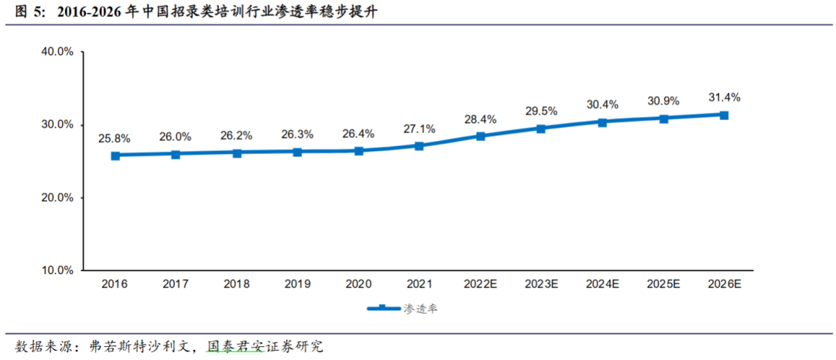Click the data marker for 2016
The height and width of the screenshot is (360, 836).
115,156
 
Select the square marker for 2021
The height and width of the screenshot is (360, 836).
420,146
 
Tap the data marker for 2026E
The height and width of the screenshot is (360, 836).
724,115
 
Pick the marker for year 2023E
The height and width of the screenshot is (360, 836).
541,129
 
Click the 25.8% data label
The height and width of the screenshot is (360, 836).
115,139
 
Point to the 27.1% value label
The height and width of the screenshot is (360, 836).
420,129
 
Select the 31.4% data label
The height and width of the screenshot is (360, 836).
725,98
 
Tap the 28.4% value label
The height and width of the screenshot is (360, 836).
481,119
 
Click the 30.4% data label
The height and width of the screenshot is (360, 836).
602,105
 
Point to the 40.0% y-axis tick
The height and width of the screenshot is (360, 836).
57,52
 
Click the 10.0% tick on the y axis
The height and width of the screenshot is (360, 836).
57,270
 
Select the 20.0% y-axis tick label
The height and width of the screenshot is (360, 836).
57,197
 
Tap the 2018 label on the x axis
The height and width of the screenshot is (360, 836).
237,285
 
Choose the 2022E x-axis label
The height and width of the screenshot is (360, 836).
481,285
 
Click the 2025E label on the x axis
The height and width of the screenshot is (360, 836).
663,285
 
